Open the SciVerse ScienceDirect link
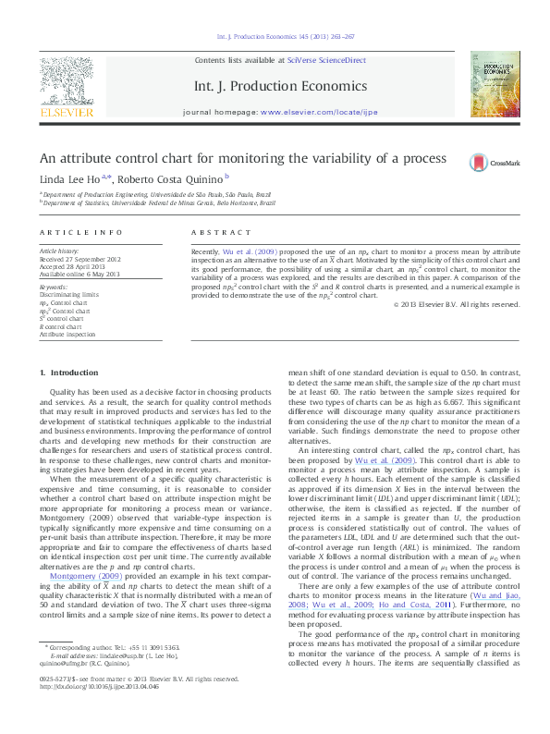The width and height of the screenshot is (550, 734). tap(326, 61)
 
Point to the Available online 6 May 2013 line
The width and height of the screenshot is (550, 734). tap(80, 275)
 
